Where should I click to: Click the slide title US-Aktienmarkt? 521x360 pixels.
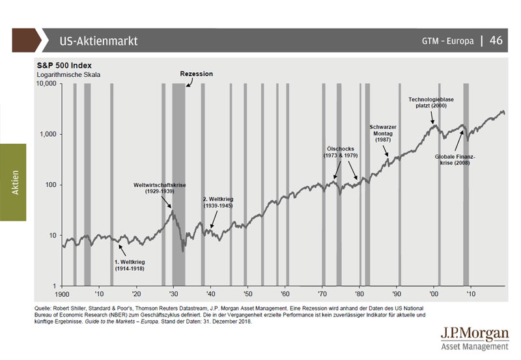pos(98,41)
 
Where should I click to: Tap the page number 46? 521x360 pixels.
pos(496,40)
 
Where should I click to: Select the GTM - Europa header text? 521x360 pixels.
pos(447,41)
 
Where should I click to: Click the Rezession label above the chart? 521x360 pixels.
pos(196,74)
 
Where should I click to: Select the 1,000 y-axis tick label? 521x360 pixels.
pos(48,134)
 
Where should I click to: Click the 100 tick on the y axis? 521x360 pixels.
pos(51,185)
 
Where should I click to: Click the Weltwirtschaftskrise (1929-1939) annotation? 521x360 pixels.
pos(160,189)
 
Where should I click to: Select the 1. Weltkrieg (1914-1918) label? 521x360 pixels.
pos(128,264)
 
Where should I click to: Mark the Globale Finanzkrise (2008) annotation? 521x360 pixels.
pos(456,160)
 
